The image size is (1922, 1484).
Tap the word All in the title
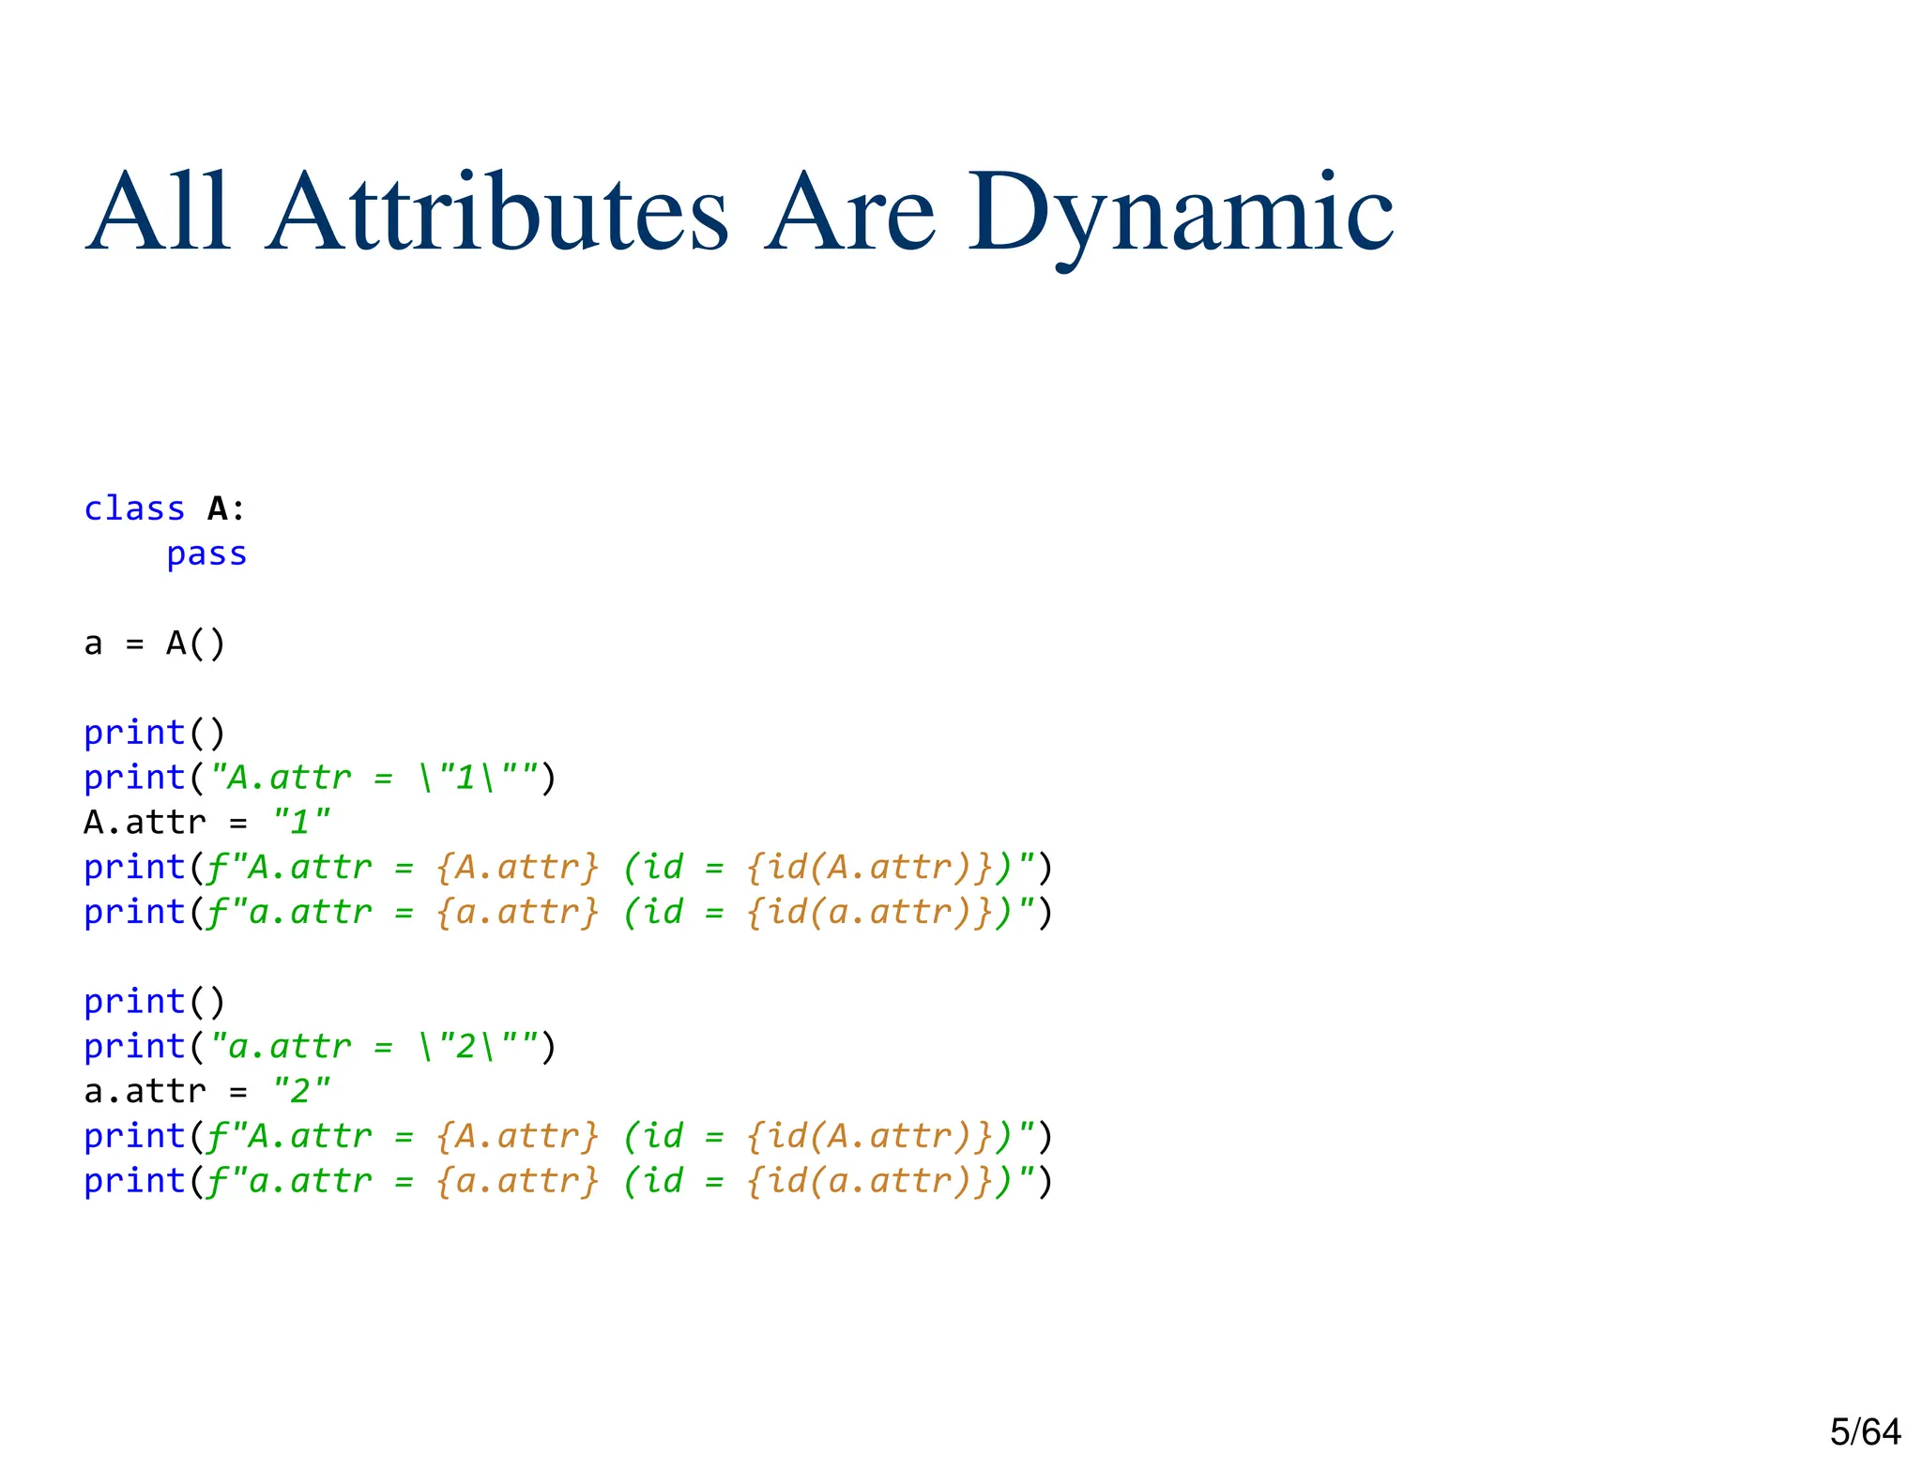point(158,214)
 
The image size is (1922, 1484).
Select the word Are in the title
point(849,214)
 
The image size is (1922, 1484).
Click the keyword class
point(134,508)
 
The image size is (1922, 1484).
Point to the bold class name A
point(218,508)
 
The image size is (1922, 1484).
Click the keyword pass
point(206,553)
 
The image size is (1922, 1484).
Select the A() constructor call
point(196,644)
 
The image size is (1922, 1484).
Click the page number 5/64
point(1865,1431)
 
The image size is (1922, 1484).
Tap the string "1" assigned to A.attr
point(300,823)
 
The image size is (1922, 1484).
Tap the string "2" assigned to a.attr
point(300,1091)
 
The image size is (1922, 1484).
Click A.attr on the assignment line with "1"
point(145,823)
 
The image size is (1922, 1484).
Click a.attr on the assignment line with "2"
point(145,1091)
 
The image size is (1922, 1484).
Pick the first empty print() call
point(155,733)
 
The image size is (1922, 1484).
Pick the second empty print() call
point(155,1002)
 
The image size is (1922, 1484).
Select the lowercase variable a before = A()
point(93,644)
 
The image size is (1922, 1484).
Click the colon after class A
point(238,509)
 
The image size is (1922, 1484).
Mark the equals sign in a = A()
point(135,644)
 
